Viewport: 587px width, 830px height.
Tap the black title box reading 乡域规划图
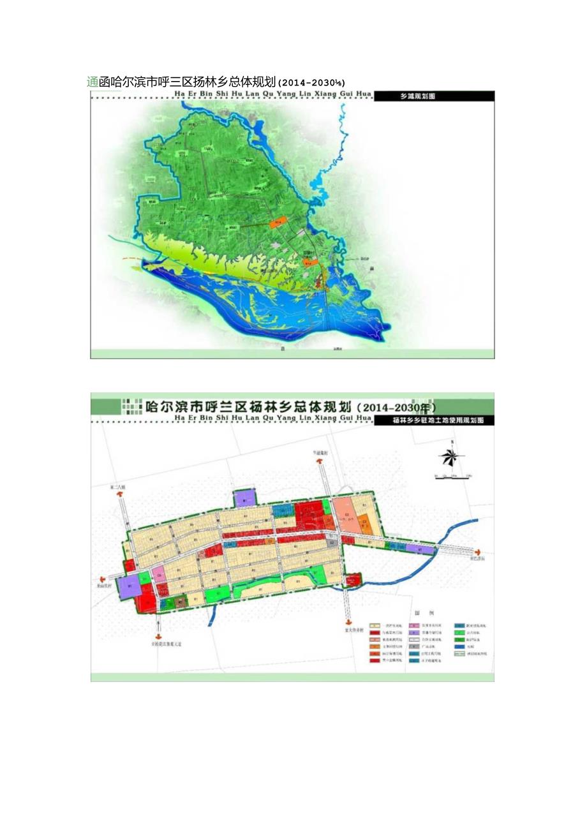(x=435, y=96)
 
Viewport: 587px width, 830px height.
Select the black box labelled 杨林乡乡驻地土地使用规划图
(x=433, y=421)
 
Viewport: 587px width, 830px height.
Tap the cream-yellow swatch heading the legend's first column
(x=375, y=626)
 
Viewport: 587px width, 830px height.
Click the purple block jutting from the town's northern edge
(x=244, y=498)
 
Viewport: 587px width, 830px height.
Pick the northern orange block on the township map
(x=275, y=223)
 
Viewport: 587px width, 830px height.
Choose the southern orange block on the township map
(x=309, y=262)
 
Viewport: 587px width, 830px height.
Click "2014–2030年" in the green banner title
(x=396, y=406)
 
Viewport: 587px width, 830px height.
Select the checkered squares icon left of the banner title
(x=131, y=406)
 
